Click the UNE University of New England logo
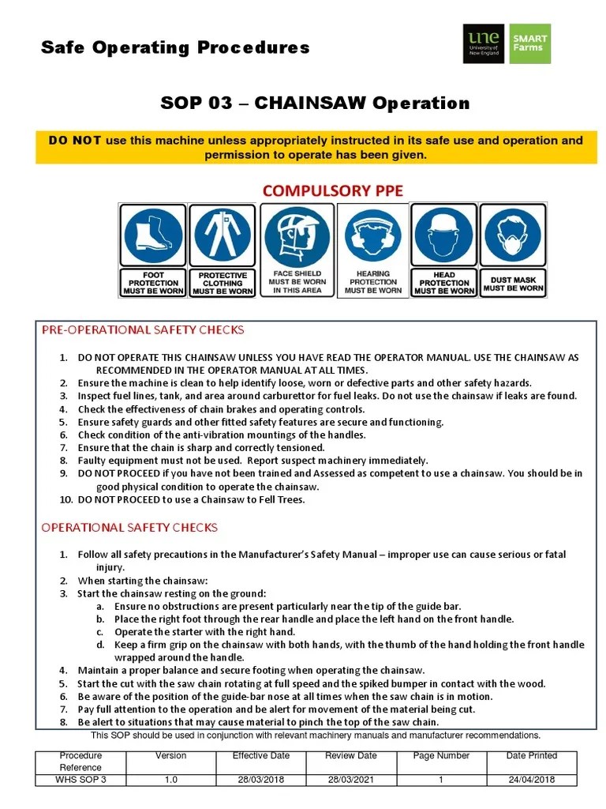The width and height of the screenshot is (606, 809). point(484,43)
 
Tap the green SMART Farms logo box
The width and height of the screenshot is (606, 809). point(529,43)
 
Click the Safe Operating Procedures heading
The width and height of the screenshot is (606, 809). point(175,47)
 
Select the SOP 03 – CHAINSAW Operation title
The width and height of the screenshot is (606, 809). point(315,103)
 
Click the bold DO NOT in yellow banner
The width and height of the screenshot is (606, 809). point(75,141)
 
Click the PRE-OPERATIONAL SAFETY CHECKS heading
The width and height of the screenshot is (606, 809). point(143,329)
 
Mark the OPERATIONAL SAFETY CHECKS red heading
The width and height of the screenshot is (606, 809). point(129,527)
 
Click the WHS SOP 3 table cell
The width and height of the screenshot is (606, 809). point(80,780)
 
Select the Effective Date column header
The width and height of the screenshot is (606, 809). point(261,756)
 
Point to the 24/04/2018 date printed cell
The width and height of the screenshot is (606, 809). point(532,780)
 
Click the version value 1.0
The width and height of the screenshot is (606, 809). point(171,780)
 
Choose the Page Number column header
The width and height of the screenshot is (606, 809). point(442,756)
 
